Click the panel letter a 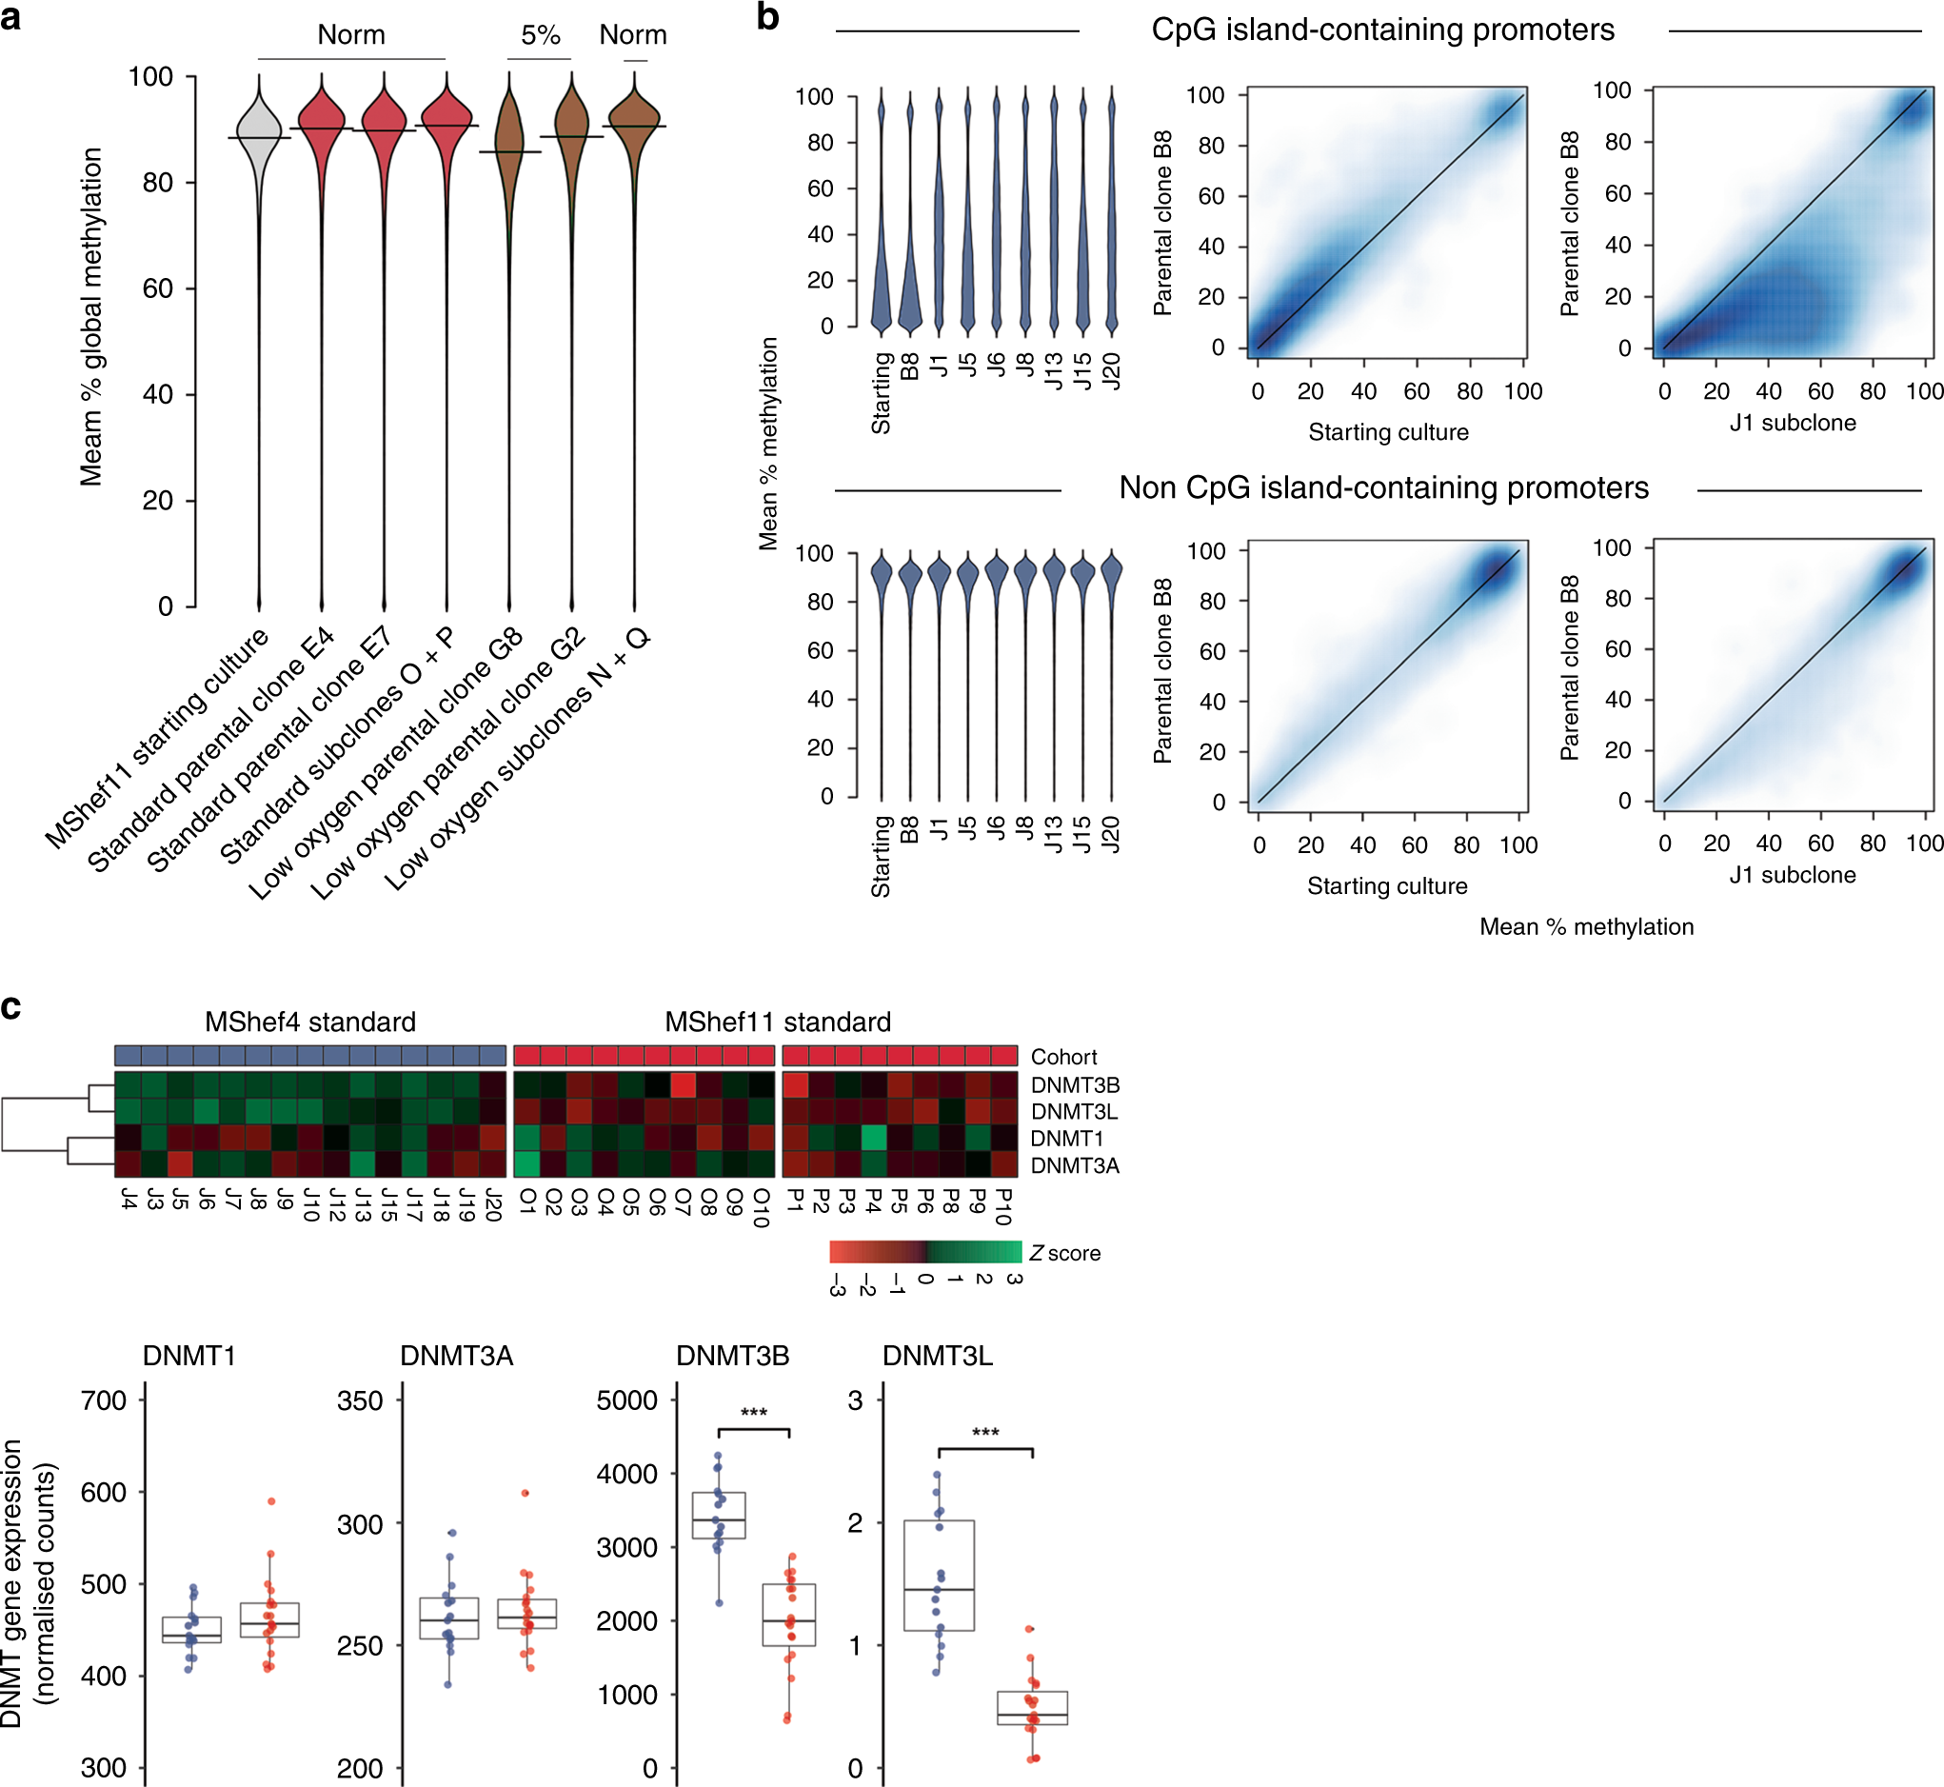10,16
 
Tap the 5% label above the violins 540,36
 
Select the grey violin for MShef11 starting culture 258,126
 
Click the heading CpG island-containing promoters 1382,30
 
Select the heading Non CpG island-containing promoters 1383,487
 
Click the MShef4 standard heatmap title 309,1023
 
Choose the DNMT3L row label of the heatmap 1074,1112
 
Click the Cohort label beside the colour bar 1062,1057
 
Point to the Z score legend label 1064,1253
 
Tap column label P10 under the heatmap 1004,1207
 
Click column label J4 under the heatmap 128,1200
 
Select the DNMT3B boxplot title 732,1356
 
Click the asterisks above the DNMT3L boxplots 984,1432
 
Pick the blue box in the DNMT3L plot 938,1577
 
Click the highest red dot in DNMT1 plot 271,1501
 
